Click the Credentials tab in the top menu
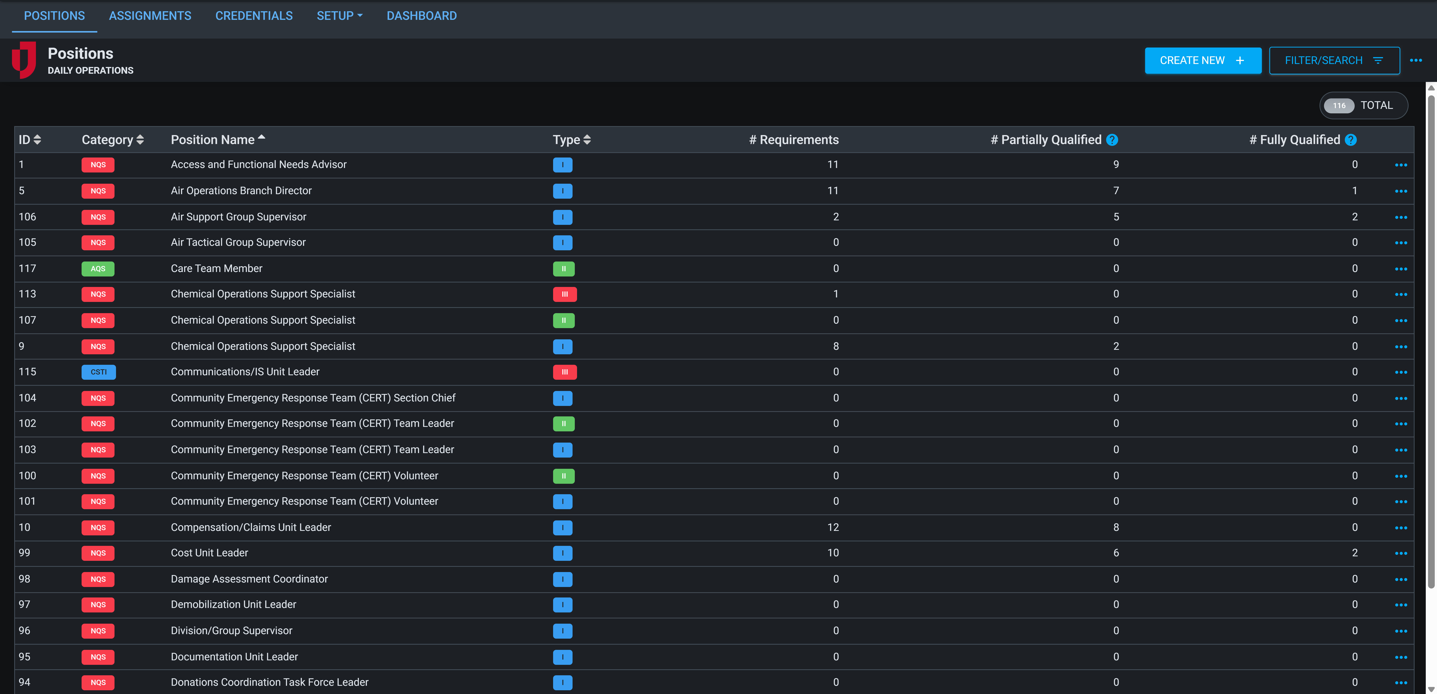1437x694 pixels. [x=254, y=16]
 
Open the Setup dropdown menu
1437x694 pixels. [x=339, y=16]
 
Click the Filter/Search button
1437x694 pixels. [x=1334, y=60]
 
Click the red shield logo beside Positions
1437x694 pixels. [x=24, y=60]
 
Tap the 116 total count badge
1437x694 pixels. [x=1339, y=106]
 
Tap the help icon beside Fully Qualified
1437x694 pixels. [x=1351, y=140]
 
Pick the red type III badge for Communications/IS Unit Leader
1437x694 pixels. [x=565, y=372]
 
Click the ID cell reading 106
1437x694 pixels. [x=27, y=216]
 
